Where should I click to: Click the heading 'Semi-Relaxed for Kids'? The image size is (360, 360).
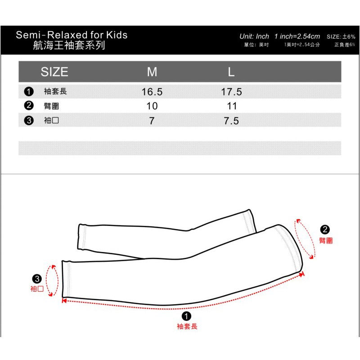point(72,35)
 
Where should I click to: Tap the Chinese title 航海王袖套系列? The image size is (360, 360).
point(69,45)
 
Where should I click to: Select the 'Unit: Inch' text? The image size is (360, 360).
point(254,36)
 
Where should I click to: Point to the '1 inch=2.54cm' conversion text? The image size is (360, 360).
point(297,36)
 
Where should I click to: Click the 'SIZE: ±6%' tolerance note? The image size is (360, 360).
point(341,37)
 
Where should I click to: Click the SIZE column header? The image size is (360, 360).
point(54,72)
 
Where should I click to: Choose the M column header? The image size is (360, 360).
point(152,72)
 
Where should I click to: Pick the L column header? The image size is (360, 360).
point(231,72)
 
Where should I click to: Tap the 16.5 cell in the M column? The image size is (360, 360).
point(152,92)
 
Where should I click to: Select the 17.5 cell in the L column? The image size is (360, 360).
point(231,92)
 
